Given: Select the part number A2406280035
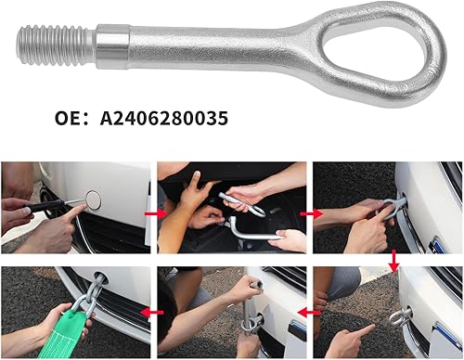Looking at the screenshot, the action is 164,119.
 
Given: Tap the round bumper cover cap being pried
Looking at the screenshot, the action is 93,200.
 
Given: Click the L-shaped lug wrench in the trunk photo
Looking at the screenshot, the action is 251,229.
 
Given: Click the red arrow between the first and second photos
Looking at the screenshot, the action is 155,213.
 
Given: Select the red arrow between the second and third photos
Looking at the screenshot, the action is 311,213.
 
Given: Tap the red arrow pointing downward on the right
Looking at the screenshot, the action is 393,262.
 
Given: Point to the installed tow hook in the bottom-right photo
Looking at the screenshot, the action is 400,316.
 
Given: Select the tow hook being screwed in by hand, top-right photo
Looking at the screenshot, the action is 392,207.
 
